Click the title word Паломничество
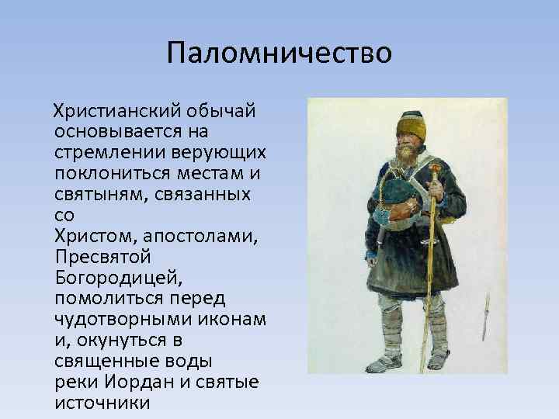point(279,54)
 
